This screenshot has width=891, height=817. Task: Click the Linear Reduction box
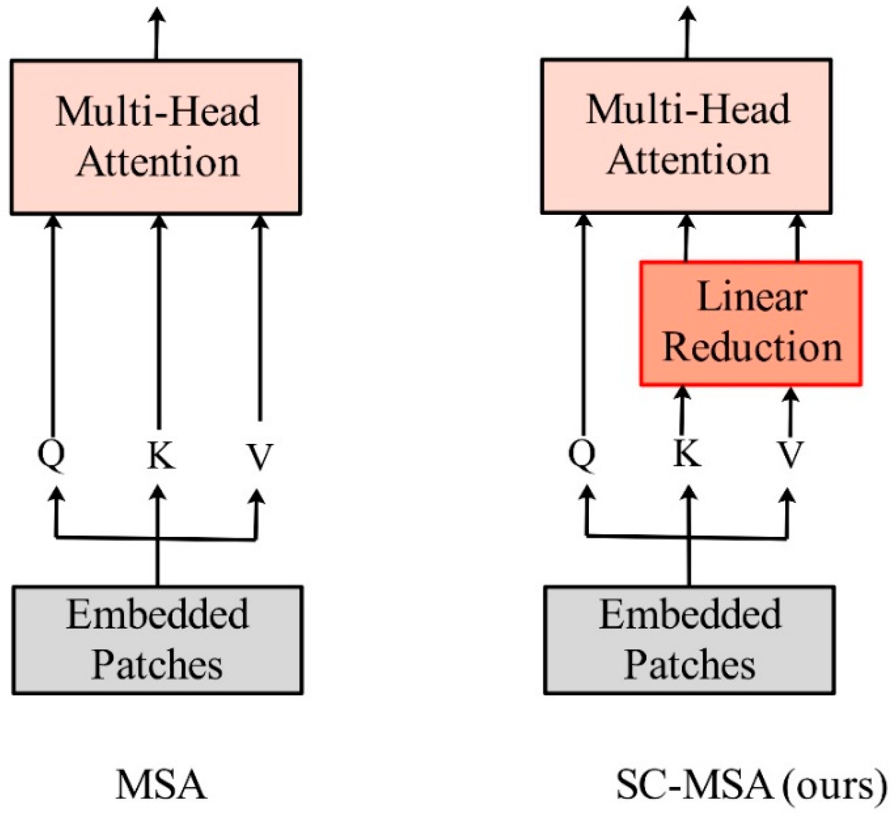pyautogui.click(x=750, y=323)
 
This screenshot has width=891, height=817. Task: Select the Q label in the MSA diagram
pyautogui.click(x=52, y=454)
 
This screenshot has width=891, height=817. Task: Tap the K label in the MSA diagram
pyautogui.click(x=161, y=455)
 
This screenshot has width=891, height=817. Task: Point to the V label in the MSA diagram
pyautogui.click(x=259, y=455)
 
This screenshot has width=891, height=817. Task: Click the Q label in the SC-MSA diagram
pyautogui.click(x=583, y=454)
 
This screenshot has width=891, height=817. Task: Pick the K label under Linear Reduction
pyautogui.click(x=686, y=453)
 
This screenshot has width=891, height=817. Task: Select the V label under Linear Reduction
pyautogui.click(x=790, y=454)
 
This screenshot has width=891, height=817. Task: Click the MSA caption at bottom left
pyautogui.click(x=161, y=785)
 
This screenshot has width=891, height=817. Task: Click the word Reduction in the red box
pyautogui.click(x=752, y=348)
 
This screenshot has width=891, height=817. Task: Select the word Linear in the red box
pyautogui.click(x=752, y=297)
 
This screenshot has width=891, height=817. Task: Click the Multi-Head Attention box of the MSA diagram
pyautogui.click(x=156, y=137)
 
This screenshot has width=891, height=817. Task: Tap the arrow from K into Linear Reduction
pyautogui.click(x=682, y=408)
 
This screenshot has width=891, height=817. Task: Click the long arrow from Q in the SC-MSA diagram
pyautogui.click(x=584, y=324)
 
